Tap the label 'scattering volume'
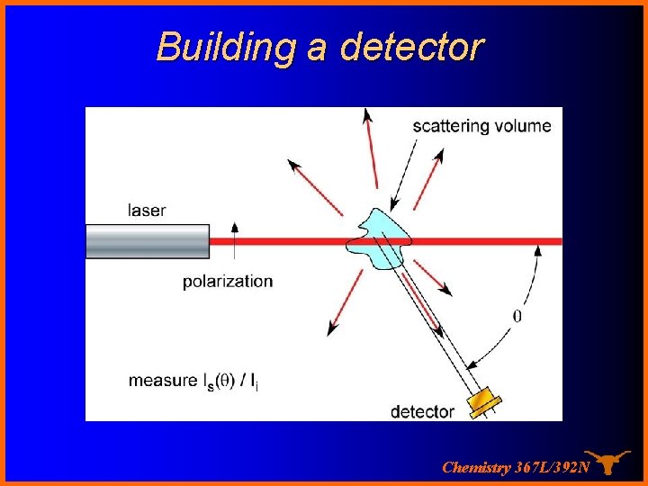[481, 126]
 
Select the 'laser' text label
[147, 211]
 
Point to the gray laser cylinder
[148, 241]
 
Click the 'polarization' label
[228, 281]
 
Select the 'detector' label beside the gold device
[422, 411]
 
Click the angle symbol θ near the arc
[517, 316]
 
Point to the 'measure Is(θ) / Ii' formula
[193, 381]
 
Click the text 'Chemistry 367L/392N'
[516, 467]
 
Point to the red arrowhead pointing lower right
[444, 290]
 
